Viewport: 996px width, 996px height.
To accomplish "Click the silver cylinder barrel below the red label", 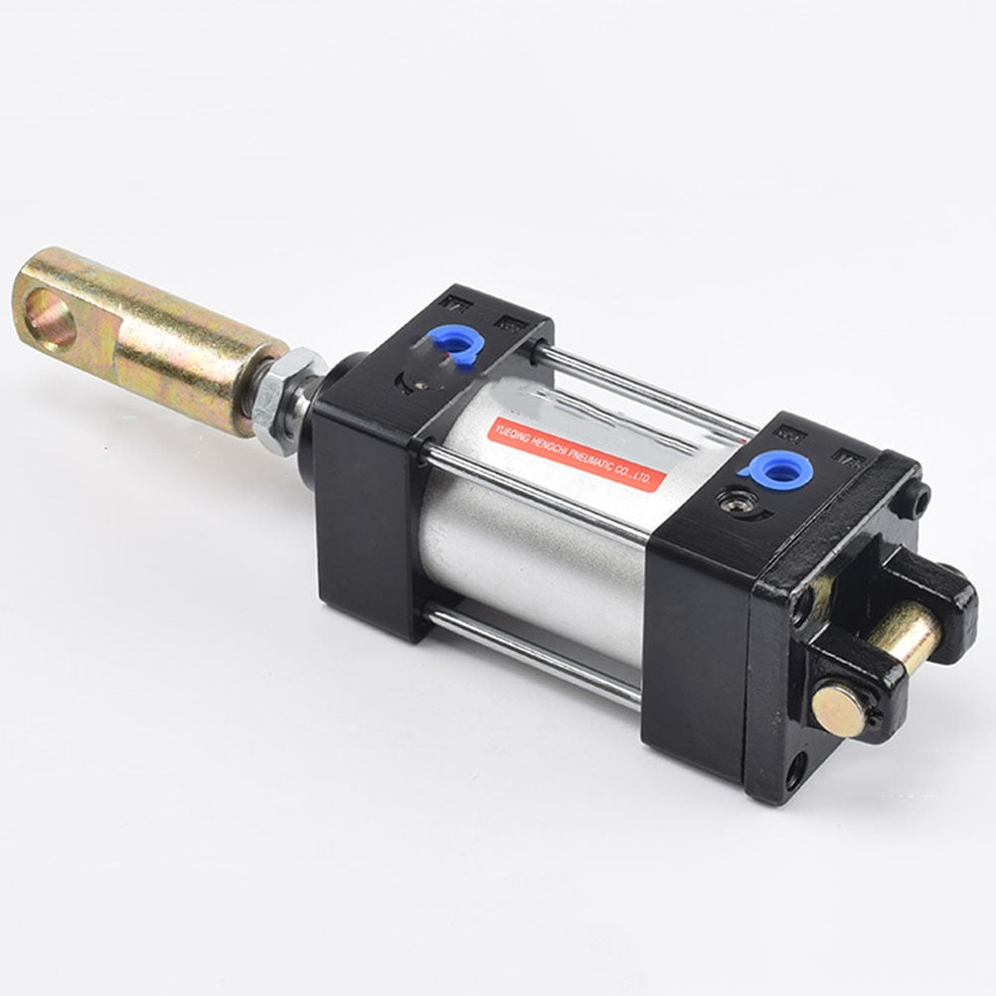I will tap(537, 557).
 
